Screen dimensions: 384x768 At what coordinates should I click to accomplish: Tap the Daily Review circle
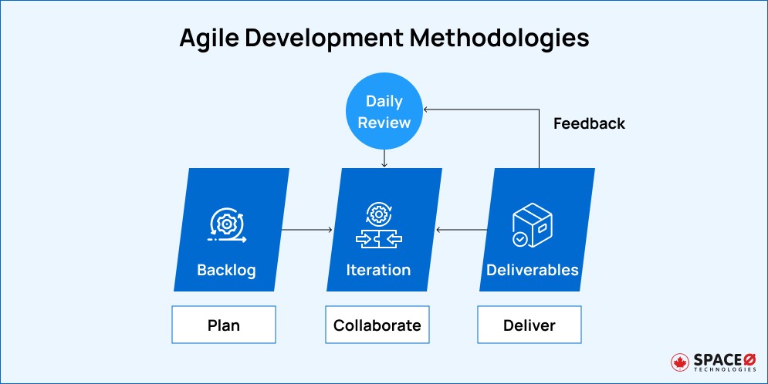pyautogui.click(x=384, y=113)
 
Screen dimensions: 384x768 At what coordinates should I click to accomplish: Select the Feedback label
pyautogui.click(x=589, y=123)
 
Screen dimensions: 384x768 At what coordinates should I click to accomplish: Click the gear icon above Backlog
pyautogui.click(x=227, y=224)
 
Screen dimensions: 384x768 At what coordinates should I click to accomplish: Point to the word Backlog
pyautogui.click(x=226, y=270)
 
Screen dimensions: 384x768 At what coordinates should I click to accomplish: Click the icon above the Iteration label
pyautogui.click(x=378, y=225)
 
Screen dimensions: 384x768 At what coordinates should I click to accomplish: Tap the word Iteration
pyautogui.click(x=378, y=270)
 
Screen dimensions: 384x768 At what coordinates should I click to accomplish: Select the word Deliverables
pyautogui.click(x=532, y=270)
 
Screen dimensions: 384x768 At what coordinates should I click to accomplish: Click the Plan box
pyautogui.click(x=224, y=325)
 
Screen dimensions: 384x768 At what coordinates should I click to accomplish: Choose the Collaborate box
pyautogui.click(x=377, y=325)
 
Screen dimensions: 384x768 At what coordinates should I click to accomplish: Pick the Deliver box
pyautogui.click(x=529, y=325)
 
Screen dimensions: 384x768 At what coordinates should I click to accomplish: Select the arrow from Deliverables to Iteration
pyautogui.click(x=462, y=230)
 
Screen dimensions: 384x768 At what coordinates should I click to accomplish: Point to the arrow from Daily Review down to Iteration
pyautogui.click(x=384, y=158)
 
